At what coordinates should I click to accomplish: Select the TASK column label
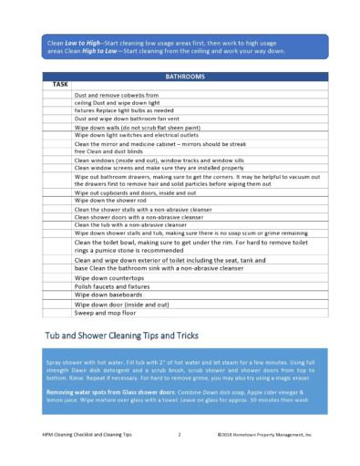[x=60, y=85]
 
